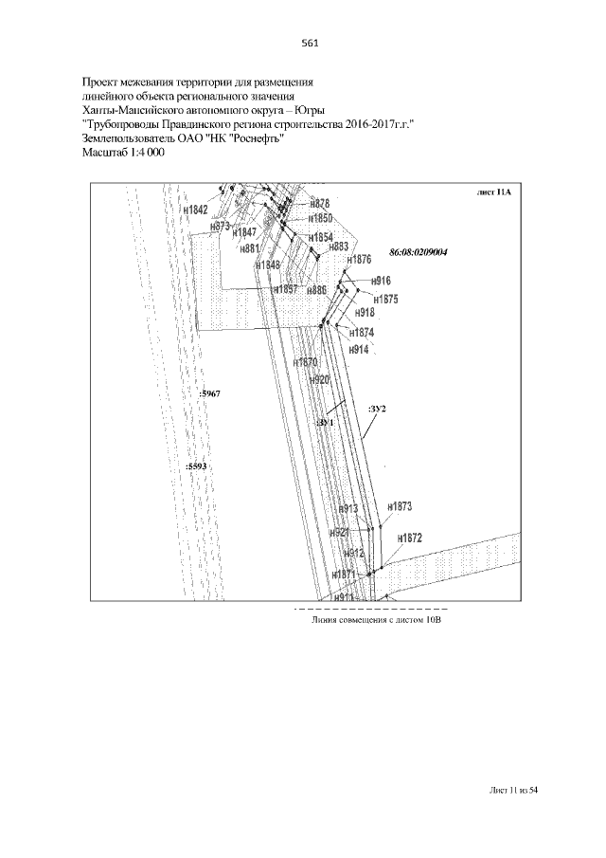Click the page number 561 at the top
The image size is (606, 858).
tap(308, 43)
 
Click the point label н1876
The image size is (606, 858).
tap(359, 260)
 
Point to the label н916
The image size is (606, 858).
tap(381, 281)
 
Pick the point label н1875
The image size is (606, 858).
tap(383, 300)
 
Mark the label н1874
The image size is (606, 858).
tap(362, 333)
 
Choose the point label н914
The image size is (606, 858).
tap(358, 349)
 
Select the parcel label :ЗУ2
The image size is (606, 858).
tap(378, 408)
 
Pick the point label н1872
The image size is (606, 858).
tap(409, 538)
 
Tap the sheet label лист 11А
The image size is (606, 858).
tap(493, 192)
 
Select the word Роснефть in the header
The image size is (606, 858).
tap(253, 137)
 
